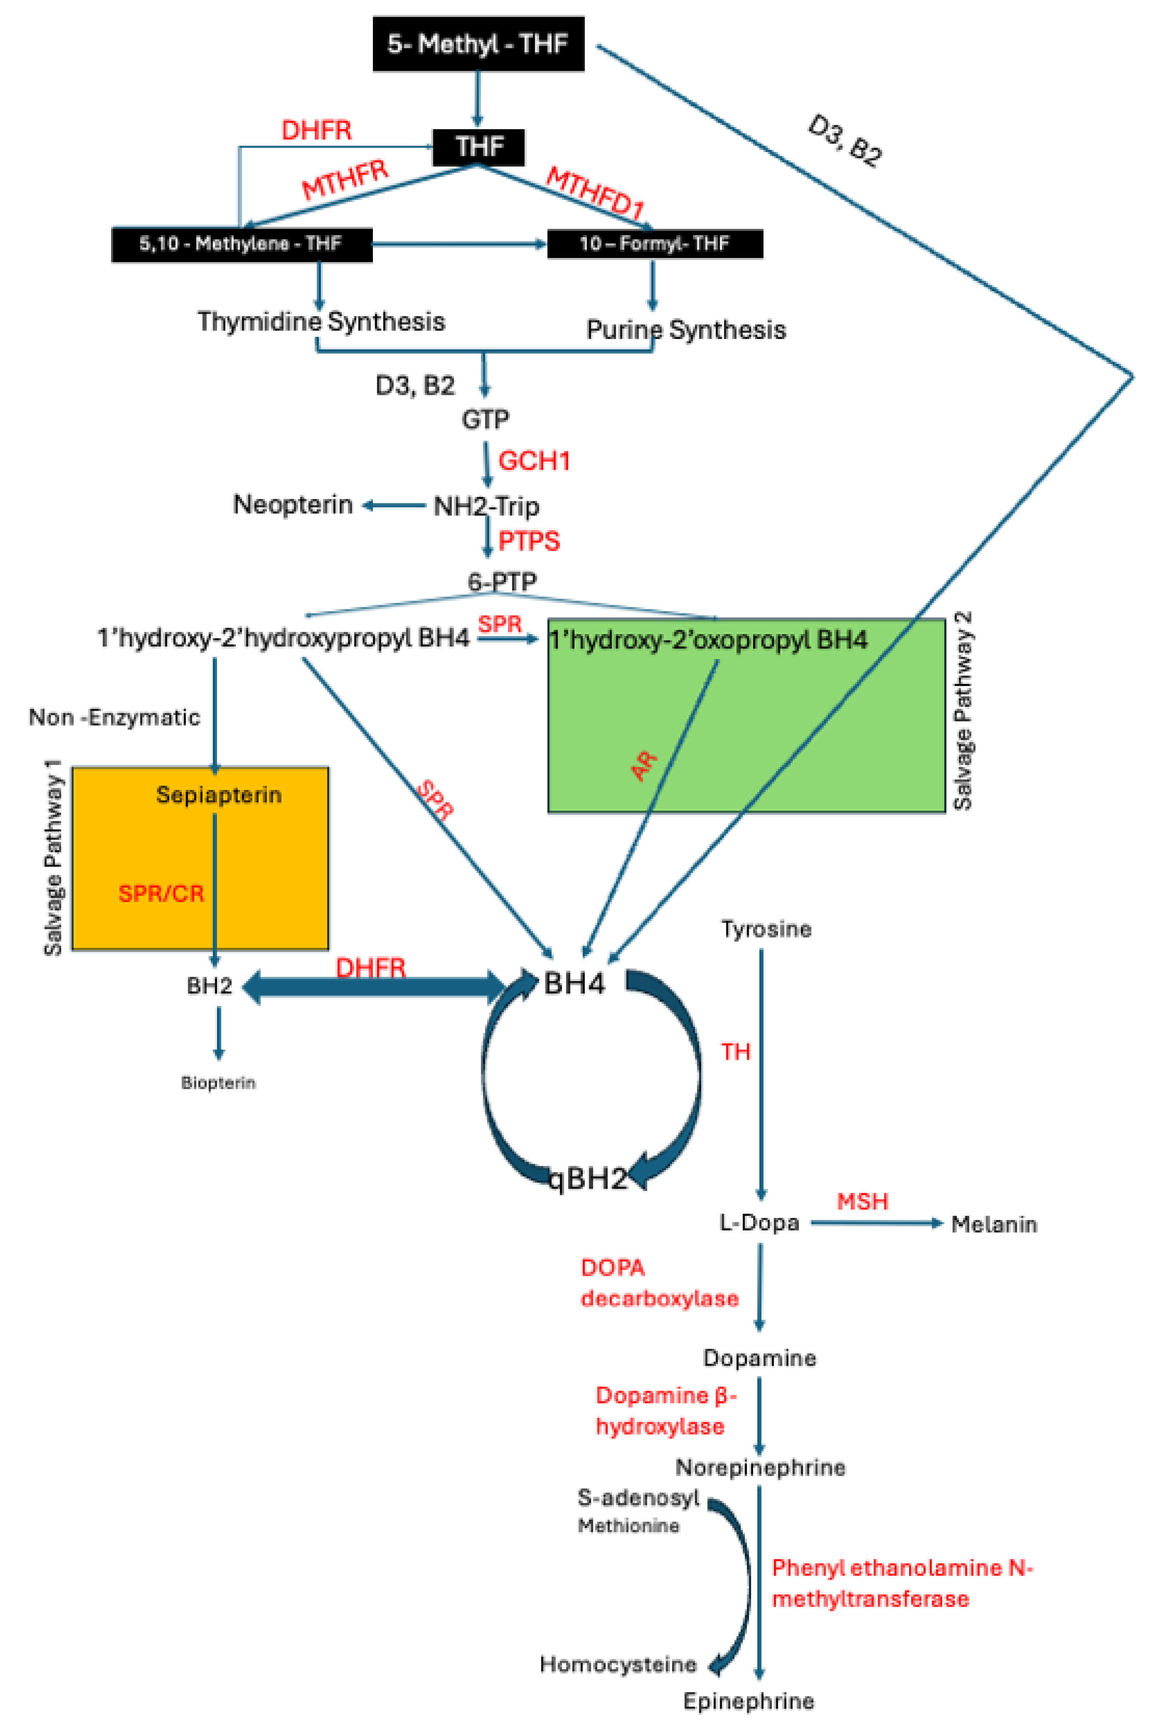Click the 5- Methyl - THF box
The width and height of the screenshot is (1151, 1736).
tap(478, 44)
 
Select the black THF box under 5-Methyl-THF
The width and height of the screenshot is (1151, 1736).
tap(478, 147)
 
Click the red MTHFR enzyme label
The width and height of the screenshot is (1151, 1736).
tap(345, 180)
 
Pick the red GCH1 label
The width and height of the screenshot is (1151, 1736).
tap(534, 461)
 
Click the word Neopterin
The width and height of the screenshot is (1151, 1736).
tap(293, 505)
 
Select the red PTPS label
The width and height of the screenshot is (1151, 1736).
tap(528, 541)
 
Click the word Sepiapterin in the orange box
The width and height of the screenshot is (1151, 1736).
tap(219, 795)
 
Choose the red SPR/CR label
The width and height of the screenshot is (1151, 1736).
tap(161, 893)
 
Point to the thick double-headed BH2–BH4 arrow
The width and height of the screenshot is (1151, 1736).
tap(374, 987)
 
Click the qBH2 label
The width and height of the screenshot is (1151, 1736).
tap(588, 1178)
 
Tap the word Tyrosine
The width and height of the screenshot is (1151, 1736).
tap(766, 929)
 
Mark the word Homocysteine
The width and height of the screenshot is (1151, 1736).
tap(618, 1664)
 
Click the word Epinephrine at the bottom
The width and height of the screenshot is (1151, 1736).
tap(748, 1701)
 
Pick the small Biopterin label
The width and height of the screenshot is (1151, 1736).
tap(218, 1083)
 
